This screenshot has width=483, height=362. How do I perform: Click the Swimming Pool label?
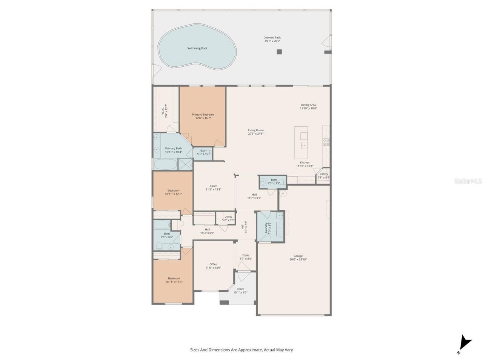tap(197, 48)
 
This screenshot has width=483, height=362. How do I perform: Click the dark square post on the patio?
tap(279, 52)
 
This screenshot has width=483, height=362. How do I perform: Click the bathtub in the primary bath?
tap(165, 164)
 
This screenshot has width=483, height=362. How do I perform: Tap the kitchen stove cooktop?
tap(326, 142)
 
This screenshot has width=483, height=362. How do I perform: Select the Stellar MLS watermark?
tap(468, 181)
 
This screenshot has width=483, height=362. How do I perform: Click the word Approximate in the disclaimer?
tap(248, 350)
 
